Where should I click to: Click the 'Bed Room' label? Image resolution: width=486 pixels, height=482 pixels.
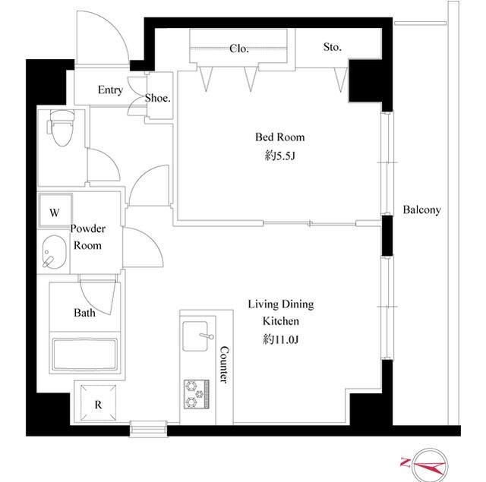279,137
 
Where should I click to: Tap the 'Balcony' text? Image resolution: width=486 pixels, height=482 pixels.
421,210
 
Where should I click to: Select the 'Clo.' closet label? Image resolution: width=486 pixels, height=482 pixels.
238,49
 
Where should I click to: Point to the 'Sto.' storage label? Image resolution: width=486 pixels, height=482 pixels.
332,47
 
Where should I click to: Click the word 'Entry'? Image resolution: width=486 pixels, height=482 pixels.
110,90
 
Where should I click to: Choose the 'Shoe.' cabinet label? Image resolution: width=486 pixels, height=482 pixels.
158,98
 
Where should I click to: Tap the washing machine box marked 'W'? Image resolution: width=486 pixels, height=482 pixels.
55,213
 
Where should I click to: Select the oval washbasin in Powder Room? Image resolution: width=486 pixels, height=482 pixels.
55,253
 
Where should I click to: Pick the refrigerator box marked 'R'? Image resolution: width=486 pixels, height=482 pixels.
97,405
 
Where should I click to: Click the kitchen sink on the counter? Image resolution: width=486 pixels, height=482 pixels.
197,335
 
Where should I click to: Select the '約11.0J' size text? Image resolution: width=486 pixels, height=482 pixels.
280,339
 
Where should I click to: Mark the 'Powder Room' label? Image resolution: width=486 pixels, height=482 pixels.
88,237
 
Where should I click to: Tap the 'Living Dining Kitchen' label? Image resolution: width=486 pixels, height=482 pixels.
280,313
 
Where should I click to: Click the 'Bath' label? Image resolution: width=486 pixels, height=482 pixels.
84,313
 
